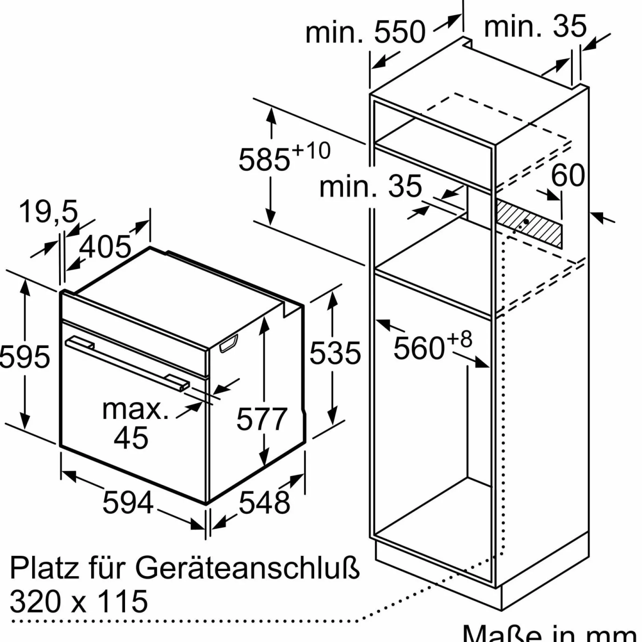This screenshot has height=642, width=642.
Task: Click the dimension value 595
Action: pos(25,357)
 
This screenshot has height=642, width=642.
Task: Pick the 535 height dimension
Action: pos(335,353)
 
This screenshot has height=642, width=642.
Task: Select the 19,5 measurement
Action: pos(48,211)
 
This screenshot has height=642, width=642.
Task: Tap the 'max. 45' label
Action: pos(135,423)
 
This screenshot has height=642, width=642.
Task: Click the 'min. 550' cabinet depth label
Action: pos(365,32)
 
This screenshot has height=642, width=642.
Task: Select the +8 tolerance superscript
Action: pos(459,339)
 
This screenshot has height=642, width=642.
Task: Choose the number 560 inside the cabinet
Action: pos(419,348)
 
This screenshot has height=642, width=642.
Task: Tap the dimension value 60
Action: pos(568,175)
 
